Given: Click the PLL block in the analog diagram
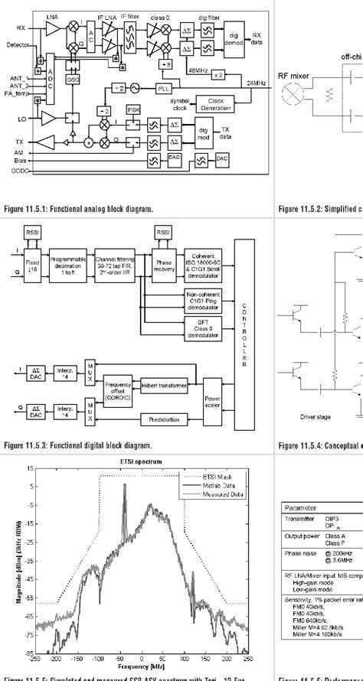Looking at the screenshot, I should click(164, 88).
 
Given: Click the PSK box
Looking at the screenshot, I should click(135, 109).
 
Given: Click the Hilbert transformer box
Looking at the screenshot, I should click(165, 386).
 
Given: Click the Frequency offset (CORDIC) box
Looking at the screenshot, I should click(118, 393).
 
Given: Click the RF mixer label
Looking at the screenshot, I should click(293, 97).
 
